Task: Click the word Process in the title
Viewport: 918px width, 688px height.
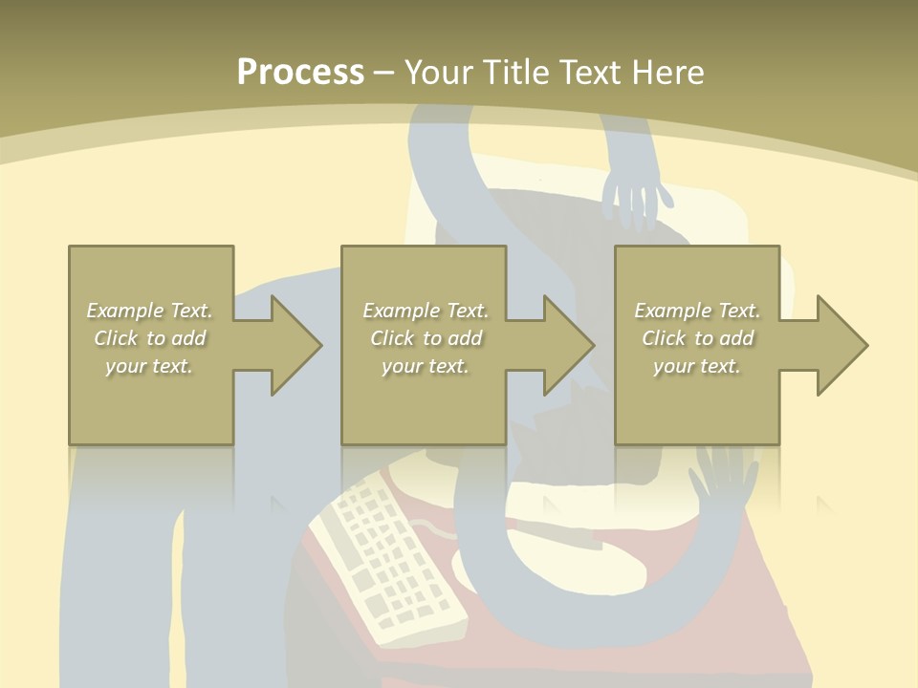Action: point(300,72)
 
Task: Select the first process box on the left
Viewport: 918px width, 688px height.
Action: point(150,401)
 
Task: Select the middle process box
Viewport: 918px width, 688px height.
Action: point(424,401)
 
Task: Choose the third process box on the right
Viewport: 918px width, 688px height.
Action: point(696,401)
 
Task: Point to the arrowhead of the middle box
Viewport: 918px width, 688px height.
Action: point(568,345)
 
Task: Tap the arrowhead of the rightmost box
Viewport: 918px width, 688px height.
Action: point(841,345)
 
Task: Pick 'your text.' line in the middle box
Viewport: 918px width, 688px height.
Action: point(425,366)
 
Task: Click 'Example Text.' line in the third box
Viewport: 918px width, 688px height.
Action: point(697,311)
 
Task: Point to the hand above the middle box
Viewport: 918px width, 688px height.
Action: point(636,196)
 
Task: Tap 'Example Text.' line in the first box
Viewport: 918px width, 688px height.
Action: point(149,311)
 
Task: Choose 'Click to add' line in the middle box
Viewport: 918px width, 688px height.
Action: point(426,338)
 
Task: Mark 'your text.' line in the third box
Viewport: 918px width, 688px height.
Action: point(697,366)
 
